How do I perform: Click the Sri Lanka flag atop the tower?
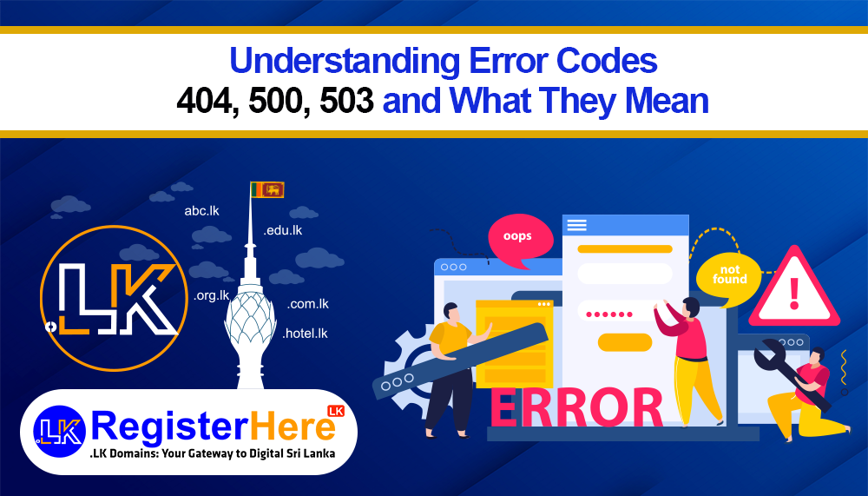click(x=267, y=188)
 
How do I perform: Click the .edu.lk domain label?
click(x=282, y=230)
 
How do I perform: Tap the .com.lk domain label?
click(x=308, y=304)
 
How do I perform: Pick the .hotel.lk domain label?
click(x=306, y=333)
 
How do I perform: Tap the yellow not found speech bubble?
click(x=728, y=274)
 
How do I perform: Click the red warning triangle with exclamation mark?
click(x=793, y=289)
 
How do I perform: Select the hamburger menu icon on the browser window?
click(x=576, y=225)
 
